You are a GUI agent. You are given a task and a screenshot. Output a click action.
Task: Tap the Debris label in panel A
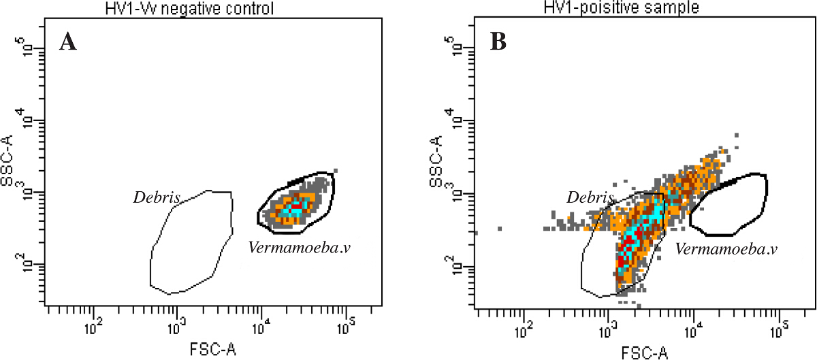click(157, 198)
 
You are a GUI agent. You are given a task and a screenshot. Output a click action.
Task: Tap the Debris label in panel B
click(590, 197)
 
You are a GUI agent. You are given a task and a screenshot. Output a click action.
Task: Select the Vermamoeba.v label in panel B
click(726, 249)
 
